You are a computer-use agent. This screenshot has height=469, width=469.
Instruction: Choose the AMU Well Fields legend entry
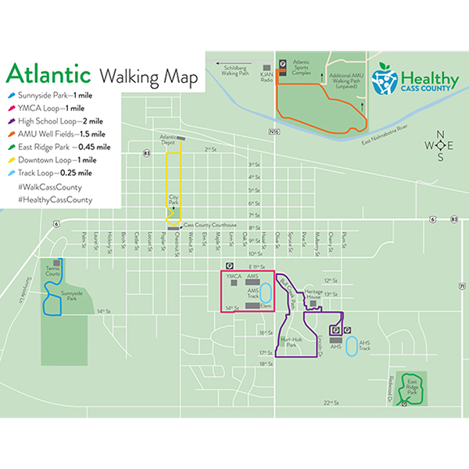[59, 134]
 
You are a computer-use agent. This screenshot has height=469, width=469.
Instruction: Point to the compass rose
[441, 145]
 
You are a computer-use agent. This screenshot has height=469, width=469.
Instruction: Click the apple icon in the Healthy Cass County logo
[384, 78]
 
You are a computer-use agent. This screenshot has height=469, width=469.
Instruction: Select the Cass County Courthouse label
[211, 224]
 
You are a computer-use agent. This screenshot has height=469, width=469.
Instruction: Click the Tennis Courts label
[52, 273]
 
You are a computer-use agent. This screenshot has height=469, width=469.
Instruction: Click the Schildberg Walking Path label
[235, 70]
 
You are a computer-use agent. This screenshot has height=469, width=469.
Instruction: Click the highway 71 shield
[462, 287]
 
